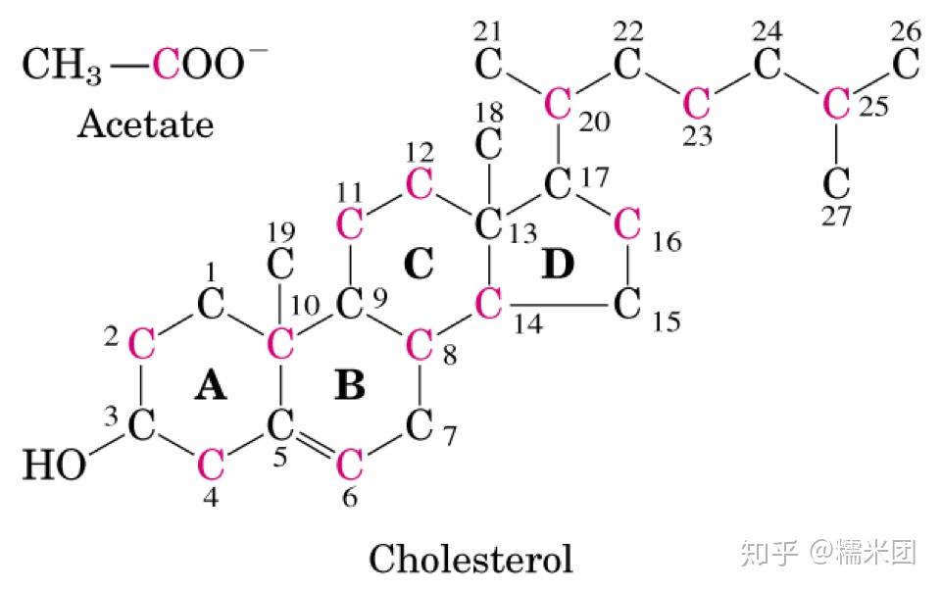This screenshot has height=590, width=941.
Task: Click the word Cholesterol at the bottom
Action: [470, 560]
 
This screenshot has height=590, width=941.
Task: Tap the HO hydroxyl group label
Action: [54, 465]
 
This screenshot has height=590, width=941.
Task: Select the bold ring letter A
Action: [211, 387]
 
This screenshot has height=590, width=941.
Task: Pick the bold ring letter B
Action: [349, 387]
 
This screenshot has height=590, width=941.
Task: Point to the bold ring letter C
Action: [419, 264]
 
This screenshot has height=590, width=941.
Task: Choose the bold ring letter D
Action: [557, 264]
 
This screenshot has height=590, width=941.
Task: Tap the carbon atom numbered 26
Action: [906, 67]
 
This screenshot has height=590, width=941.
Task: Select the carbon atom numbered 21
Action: [488, 67]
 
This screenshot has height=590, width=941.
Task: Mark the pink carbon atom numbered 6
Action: [350, 460]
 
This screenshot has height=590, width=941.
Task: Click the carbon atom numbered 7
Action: [420, 424]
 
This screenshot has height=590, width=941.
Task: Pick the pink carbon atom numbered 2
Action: [142, 344]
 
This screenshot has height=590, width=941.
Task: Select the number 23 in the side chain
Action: [697, 136]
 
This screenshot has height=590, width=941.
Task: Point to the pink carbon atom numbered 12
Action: [419, 182]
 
